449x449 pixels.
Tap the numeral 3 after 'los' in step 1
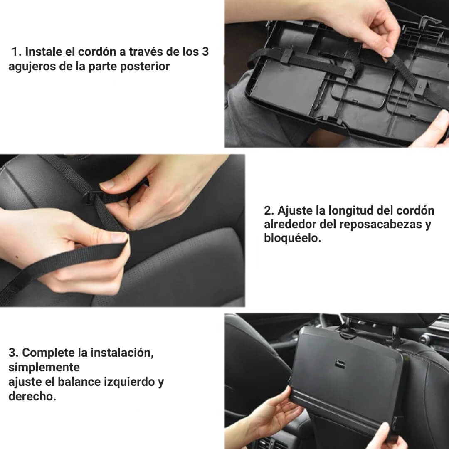(x=205, y=52)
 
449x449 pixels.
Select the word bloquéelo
(x=292, y=238)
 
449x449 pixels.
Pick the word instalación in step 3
(x=122, y=353)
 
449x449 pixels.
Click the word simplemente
(x=44, y=368)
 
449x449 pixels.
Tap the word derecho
(x=32, y=397)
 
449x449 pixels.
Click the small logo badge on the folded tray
(x=340, y=363)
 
